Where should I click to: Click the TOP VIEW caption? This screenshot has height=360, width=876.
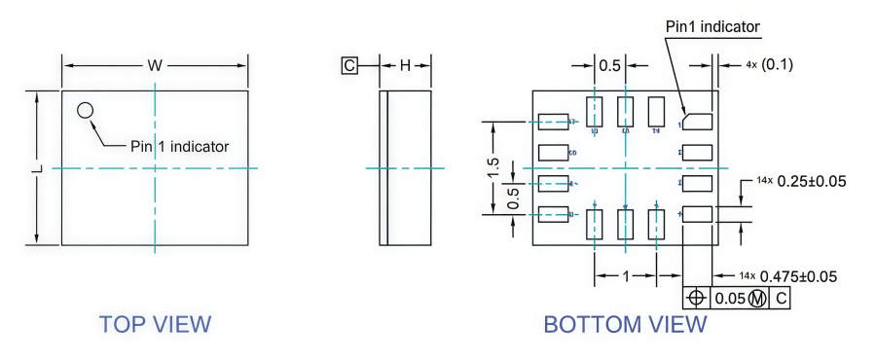coord(155,324)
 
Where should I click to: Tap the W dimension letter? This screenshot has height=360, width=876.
coord(155,66)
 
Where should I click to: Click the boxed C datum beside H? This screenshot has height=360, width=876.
coord(348,66)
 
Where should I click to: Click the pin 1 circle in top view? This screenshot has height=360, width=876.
coord(86,110)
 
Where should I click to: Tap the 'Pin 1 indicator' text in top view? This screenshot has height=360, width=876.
coord(180,147)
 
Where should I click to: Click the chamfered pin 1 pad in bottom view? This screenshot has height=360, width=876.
coord(697,122)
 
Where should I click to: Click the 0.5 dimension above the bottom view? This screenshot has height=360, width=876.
coord(609,65)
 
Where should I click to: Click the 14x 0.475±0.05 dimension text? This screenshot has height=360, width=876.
coord(787,276)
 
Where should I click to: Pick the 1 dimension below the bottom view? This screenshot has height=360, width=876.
coord(625,276)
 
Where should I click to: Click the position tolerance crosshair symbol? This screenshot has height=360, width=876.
coord(697,298)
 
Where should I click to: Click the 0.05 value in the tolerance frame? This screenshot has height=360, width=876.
coord(730,298)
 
